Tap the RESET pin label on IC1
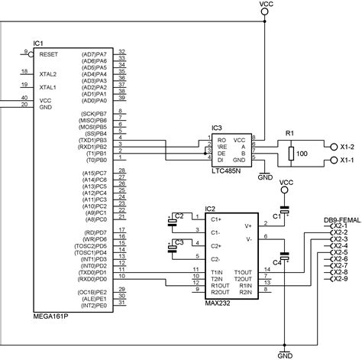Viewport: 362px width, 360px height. coord(48,54)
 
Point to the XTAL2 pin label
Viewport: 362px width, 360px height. coord(48,74)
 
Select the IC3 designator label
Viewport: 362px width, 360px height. coord(218,128)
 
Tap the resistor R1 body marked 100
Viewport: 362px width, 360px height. coord(291,154)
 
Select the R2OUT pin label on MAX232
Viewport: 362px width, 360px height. coord(220,293)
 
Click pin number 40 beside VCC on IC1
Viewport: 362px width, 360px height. coord(24,98)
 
